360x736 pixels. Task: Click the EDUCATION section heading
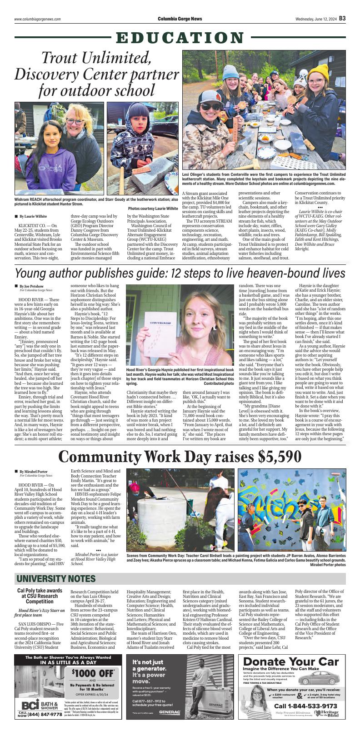tap(180, 38)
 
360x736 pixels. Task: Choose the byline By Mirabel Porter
tap(33, 472)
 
